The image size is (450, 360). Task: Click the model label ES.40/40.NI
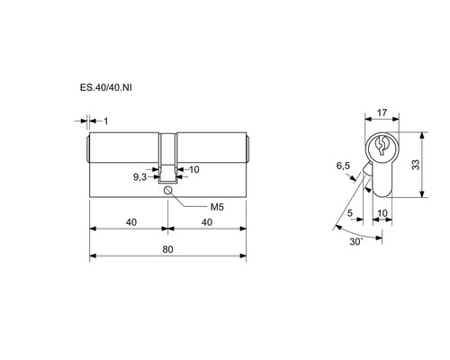click(105, 88)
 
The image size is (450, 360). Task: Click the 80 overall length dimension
click(168, 249)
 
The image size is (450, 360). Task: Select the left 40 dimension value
click(131, 222)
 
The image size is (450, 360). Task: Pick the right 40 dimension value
click(207, 222)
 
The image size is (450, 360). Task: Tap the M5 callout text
click(217, 207)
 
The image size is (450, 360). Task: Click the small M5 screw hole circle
click(167, 190)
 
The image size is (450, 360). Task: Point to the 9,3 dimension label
click(139, 177)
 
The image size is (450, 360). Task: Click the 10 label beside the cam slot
click(194, 169)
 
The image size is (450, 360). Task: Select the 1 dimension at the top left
click(106, 121)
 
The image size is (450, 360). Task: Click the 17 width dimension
click(382, 112)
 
